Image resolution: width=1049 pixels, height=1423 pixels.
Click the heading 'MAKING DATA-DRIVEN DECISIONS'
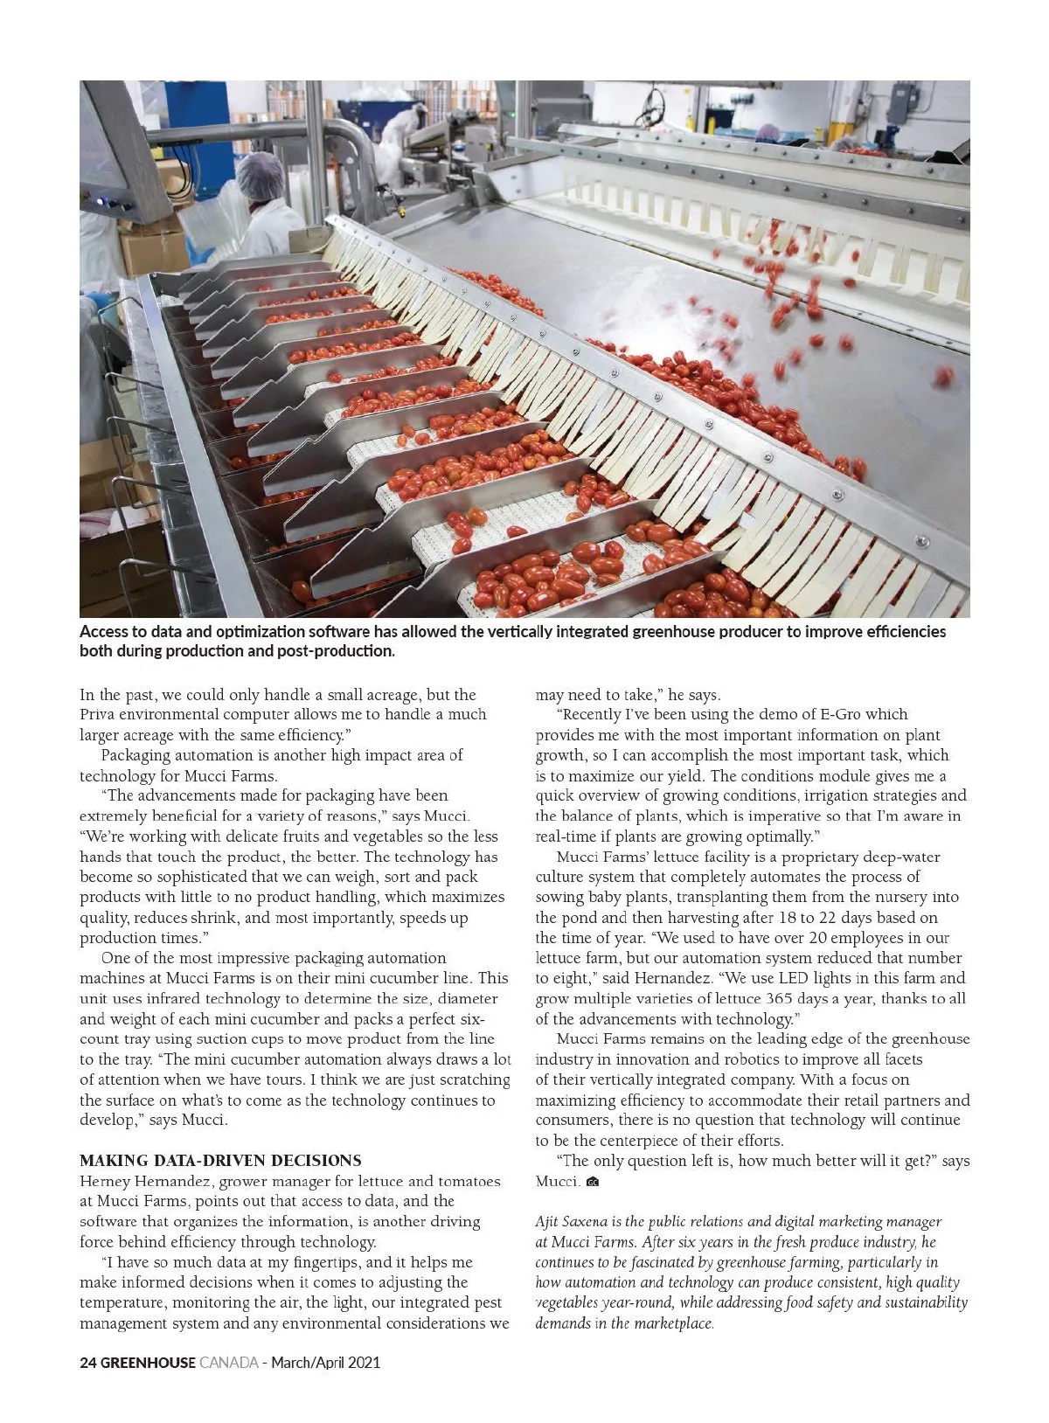(220, 1161)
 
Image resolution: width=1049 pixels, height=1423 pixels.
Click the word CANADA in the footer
(229, 1363)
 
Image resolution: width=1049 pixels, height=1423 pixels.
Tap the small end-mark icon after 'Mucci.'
(593, 1183)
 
